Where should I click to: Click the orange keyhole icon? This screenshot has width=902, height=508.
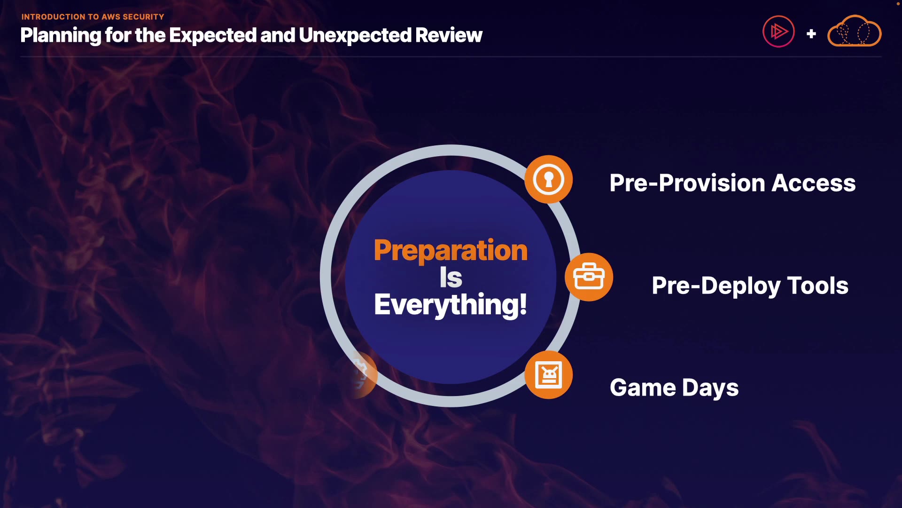coord(548,179)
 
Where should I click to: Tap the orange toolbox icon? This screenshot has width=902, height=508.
coord(589,277)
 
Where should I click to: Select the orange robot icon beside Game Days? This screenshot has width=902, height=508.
coord(548,375)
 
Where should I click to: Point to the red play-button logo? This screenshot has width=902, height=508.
coord(778,32)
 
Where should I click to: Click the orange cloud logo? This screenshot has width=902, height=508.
coord(854,31)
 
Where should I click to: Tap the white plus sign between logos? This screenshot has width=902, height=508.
coord(811,34)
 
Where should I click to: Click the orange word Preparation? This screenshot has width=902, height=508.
coord(451,251)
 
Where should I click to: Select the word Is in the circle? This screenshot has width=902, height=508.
coord(451,278)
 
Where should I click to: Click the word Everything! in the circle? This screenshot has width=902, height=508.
coord(451,305)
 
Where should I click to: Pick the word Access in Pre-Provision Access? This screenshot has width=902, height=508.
coord(813,183)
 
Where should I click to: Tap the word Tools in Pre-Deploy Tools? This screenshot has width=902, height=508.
coord(817,286)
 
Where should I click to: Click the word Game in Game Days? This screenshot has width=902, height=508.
coord(643,388)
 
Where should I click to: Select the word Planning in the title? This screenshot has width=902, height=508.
coord(61,36)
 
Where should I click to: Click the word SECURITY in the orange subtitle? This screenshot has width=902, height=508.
coord(143,17)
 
